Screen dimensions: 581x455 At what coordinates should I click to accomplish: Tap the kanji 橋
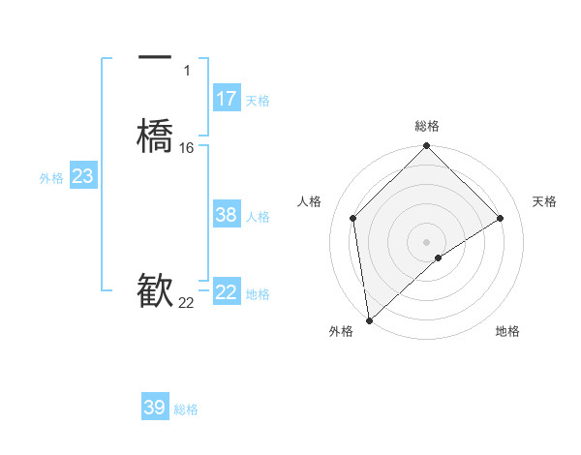(x=155, y=135)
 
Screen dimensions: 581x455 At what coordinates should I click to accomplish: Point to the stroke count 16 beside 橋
(x=187, y=148)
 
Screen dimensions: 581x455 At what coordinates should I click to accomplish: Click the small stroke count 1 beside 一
(x=187, y=71)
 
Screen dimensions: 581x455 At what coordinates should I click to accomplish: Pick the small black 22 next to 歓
(x=187, y=303)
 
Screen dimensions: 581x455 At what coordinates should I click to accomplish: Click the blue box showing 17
(x=227, y=99)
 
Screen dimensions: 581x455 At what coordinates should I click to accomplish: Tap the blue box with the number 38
(x=227, y=215)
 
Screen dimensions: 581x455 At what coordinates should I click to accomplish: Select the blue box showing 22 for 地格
(x=227, y=292)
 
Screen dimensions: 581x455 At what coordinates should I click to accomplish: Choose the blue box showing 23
(x=83, y=176)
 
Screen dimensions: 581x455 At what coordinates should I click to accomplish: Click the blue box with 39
(x=155, y=408)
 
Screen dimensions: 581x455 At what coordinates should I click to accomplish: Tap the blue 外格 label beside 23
(x=51, y=178)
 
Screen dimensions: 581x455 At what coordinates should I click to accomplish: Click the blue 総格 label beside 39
(x=186, y=409)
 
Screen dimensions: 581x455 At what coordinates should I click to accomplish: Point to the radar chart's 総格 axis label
(x=427, y=126)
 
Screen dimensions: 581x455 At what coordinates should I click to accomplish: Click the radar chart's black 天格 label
(x=545, y=201)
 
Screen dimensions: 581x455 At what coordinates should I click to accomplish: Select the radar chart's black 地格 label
(x=507, y=331)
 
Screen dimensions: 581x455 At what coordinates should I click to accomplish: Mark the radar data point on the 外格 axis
(x=369, y=320)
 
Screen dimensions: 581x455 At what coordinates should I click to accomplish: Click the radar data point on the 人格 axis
(x=353, y=218)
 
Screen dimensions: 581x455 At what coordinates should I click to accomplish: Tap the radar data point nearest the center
(x=439, y=258)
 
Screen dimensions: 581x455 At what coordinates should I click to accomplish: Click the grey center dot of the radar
(x=427, y=241)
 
